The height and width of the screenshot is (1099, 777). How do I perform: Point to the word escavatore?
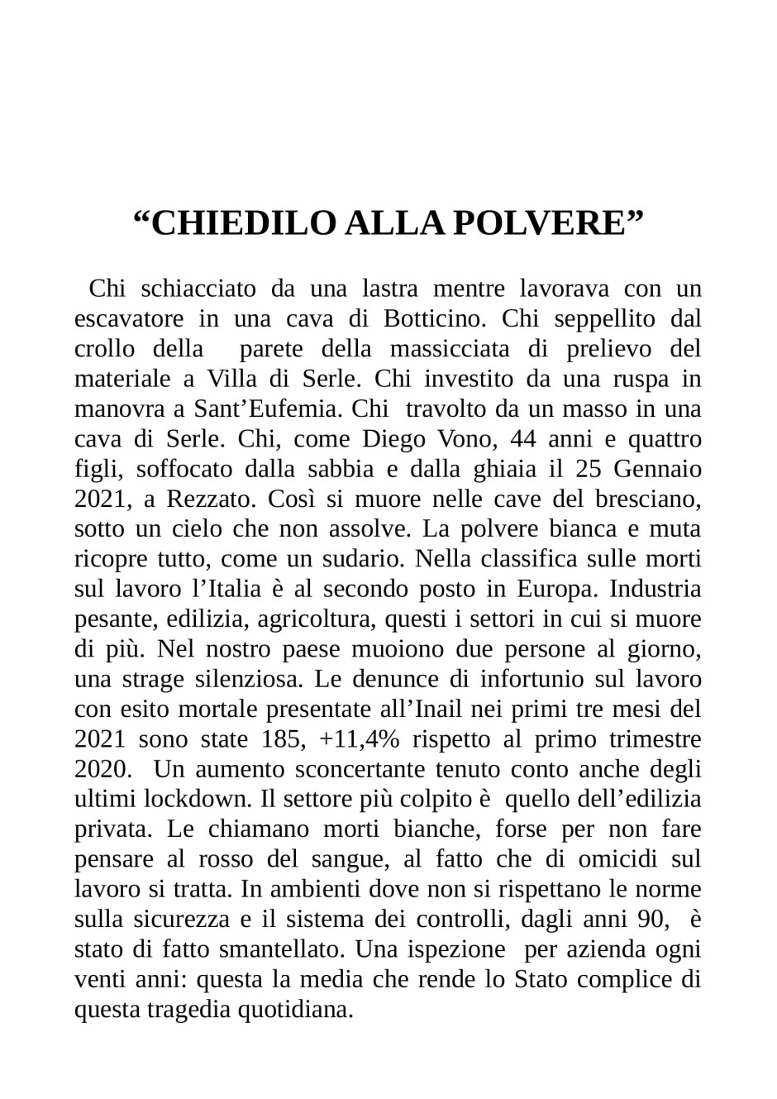(x=129, y=318)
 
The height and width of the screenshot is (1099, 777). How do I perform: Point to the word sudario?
(x=363, y=559)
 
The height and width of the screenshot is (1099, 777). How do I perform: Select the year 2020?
(x=102, y=769)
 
